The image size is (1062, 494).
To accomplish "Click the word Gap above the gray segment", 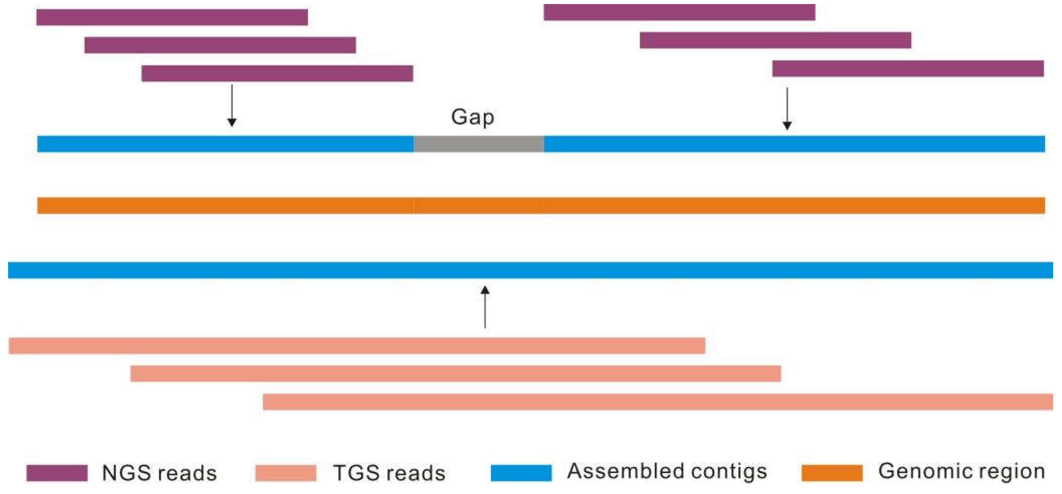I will point(472,117).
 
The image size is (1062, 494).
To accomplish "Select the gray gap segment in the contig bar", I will point(479,144).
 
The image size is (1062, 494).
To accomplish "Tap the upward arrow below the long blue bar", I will point(485,306).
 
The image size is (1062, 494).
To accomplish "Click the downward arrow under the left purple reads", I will point(232,105).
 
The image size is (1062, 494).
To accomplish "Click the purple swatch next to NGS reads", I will point(57,473).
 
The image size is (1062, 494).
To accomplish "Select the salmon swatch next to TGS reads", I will point(286,473).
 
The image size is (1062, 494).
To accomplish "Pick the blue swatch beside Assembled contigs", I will point(521,473).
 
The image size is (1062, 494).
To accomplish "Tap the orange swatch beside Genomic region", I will point(832,473).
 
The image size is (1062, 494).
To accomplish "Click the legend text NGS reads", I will point(159,473).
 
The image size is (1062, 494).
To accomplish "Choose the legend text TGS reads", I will point(389,473).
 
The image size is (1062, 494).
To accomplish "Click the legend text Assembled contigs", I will point(667,471).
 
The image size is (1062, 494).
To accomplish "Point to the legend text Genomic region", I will point(961,471).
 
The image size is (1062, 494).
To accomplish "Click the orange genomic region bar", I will point(541,206).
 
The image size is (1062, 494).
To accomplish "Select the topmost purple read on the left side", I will point(172,17).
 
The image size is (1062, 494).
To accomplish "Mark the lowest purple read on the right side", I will point(908,69).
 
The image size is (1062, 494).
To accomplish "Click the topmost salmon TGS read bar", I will point(357,346).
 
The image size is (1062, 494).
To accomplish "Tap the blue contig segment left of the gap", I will point(225,144).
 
